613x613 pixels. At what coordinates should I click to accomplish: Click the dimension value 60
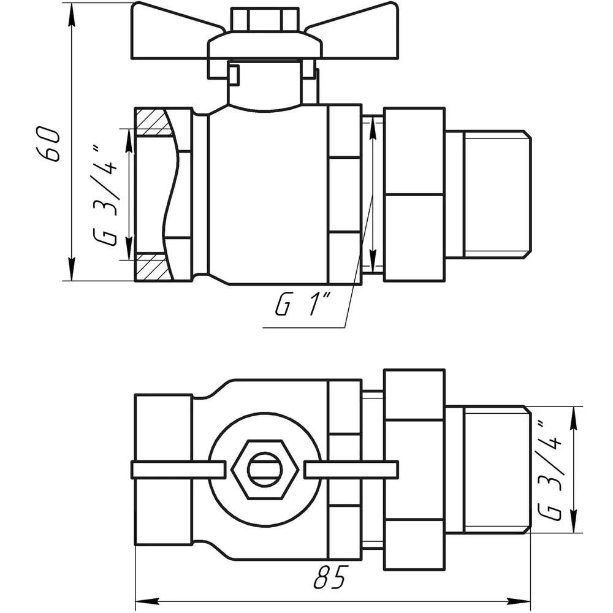tap(49, 143)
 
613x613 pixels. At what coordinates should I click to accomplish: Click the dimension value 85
tap(330, 577)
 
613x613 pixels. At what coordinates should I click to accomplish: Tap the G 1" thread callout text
tap(303, 304)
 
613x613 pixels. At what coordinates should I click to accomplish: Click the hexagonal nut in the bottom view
tap(265, 469)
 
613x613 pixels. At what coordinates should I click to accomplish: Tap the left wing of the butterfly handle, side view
tap(176, 31)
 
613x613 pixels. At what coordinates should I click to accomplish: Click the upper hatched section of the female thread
tap(153, 121)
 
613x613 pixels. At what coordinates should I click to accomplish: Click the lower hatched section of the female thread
tap(153, 267)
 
